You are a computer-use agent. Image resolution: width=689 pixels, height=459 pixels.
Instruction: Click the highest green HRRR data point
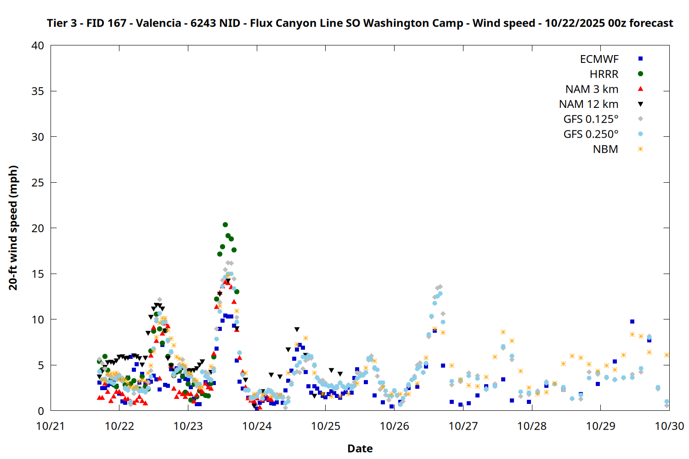[225, 224]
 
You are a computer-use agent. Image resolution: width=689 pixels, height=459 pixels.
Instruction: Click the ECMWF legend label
[599, 59]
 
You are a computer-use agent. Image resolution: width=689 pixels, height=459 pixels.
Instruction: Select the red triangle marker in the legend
[640, 89]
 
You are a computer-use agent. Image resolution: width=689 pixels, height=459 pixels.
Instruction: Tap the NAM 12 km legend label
[588, 104]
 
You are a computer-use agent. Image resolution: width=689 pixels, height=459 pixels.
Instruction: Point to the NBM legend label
[605, 149]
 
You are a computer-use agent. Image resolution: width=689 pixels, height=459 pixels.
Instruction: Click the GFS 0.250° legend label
[591, 134]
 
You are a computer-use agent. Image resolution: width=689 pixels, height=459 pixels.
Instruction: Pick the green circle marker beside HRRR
[640, 74]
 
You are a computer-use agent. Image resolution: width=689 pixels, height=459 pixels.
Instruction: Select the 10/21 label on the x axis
[51, 426]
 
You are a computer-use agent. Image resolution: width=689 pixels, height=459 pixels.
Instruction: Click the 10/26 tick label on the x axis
[394, 426]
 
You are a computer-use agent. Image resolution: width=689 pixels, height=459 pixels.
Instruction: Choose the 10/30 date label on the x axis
[669, 426]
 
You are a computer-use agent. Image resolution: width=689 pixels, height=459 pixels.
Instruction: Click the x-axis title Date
[360, 448]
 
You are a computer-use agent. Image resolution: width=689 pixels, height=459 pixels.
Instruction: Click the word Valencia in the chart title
[158, 23]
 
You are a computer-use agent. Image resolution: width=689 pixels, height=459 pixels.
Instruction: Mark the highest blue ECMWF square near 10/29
[632, 321]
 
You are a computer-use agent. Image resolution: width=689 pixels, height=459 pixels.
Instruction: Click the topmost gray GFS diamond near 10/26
[440, 287]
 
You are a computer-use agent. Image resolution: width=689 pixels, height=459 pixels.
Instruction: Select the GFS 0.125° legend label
[591, 119]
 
